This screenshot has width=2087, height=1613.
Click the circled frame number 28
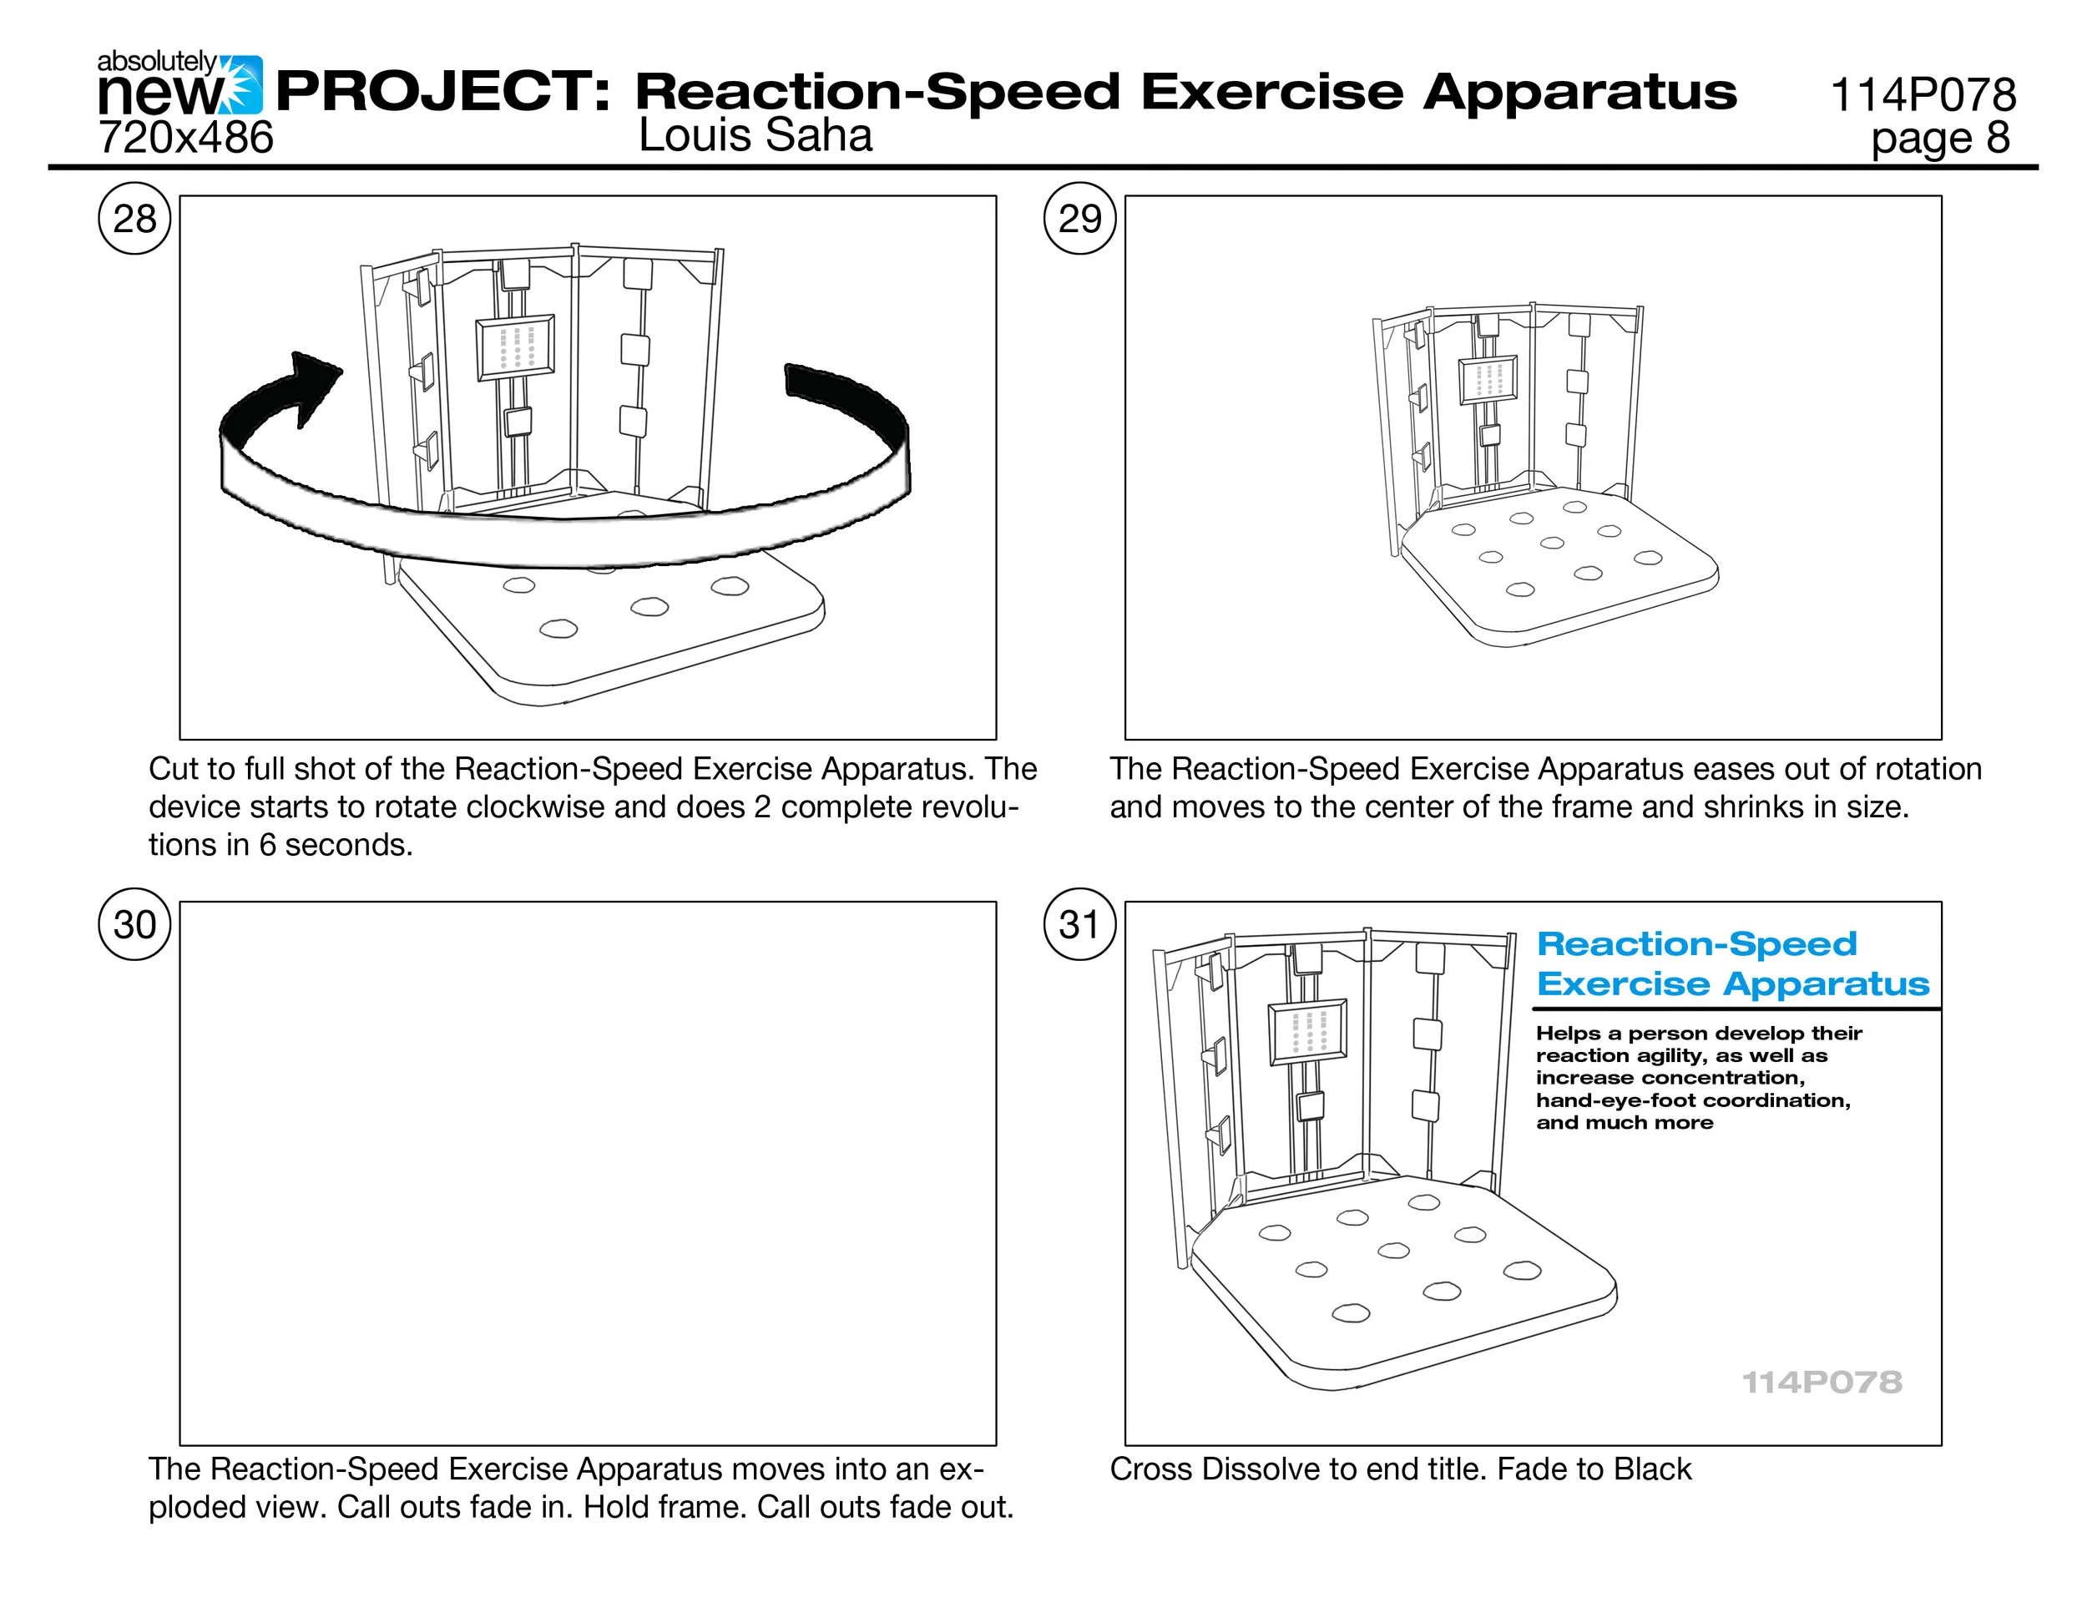tap(134, 219)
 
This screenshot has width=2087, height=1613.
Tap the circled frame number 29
tap(1079, 219)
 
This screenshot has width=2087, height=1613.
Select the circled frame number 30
tap(134, 924)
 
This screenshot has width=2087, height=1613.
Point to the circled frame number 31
tap(1079, 924)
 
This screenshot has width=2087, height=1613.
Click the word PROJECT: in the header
tap(442, 92)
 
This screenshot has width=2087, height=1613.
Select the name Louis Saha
tap(755, 134)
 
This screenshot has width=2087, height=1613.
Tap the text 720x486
tap(185, 138)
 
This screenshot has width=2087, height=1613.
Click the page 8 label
tap(1940, 138)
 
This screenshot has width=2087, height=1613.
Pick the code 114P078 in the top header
tap(1923, 94)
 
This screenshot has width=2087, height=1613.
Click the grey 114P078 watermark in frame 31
tap(1822, 1382)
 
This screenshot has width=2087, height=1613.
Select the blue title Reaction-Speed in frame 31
tap(1696, 944)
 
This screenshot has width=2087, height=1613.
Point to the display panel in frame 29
tap(1488, 379)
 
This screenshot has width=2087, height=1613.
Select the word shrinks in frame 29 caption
tap(1754, 807)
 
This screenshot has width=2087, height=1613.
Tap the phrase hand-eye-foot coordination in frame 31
tap(1692, 1100)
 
